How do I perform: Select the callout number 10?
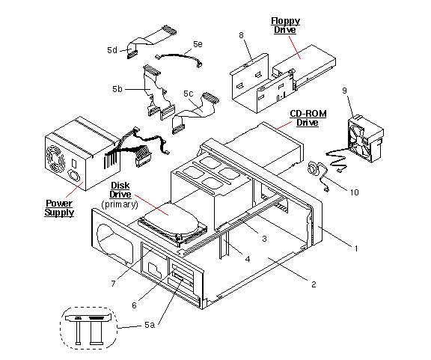tap(355, 192)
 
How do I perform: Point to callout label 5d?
tap(112, 50)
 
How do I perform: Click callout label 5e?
tap(197, 44)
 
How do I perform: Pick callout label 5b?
tap(117, 89)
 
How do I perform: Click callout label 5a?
tap(150, 325)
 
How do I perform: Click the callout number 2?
tap(314, 284)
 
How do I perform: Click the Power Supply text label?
tap(60, 207)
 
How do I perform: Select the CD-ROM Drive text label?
tap(305, 118)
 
